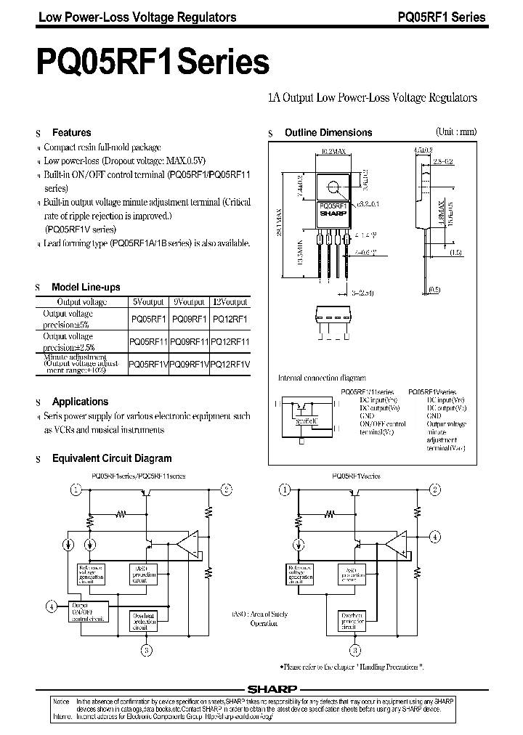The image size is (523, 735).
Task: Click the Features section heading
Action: pyautogui.click(x=71, y=133)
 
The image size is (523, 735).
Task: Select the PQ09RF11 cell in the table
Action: pyautogui.click(x=189, y=341)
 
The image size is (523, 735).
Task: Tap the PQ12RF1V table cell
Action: pyautogui.click(x=230, y=364)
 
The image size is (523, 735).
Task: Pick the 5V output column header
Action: pyautogui.click(x=148, y=301)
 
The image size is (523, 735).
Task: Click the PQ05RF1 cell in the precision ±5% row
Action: pyautogui.click(x=148, y=318)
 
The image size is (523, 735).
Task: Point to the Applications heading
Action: pyautogui.click(x=80, y=402)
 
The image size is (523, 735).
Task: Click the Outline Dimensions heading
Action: pyautogui.click(x=328, y=133)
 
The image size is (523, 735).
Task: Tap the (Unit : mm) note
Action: pyautogui.click(x=455, y=131)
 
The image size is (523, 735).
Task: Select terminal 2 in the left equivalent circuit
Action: pyautogui.click(x=227, y=490)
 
